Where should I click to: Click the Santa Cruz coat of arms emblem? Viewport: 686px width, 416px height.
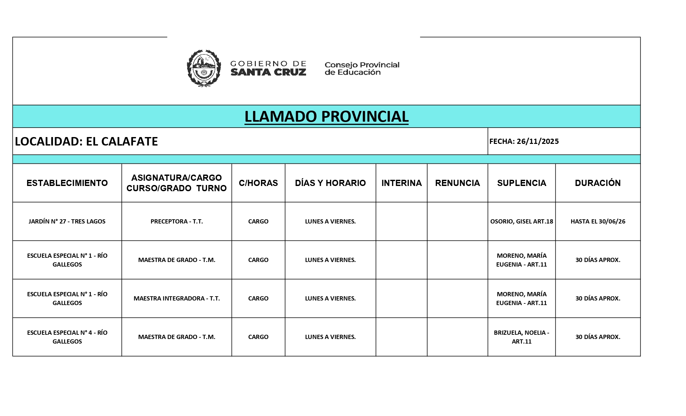point(204,68)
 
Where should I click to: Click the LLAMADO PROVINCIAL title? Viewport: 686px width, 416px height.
point(326,116)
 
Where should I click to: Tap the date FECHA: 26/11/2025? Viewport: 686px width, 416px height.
point(524,141)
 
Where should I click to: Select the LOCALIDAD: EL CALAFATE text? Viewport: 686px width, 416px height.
point(86,141)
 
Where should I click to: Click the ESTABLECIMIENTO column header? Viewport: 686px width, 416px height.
point(67,183)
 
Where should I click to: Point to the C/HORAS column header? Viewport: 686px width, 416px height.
point(258,183)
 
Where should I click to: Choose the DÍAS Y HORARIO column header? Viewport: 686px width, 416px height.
point(330,183)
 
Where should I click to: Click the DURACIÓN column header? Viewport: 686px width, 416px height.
point(597,183)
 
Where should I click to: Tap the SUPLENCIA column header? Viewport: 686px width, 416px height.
point(521,183)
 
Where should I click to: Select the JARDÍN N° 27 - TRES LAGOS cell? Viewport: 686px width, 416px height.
point(67,221)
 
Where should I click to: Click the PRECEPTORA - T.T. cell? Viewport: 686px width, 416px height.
point(176,221)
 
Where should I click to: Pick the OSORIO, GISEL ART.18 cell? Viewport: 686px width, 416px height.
point(521,221)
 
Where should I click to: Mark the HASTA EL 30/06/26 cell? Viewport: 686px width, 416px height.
point(597,221)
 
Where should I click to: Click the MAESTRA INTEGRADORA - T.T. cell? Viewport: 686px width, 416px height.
point(176,298)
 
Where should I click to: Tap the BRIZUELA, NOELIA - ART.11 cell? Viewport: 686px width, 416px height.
point(521,337)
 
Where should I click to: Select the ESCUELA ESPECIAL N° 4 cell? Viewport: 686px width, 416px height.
point(67,337)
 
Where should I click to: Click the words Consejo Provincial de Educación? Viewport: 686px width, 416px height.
point(362,69)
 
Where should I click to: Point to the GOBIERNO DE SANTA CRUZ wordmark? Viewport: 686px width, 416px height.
point(268,68)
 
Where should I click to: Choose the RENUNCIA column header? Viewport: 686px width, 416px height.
point(457,183)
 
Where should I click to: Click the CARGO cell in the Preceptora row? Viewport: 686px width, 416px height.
point(258,221)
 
